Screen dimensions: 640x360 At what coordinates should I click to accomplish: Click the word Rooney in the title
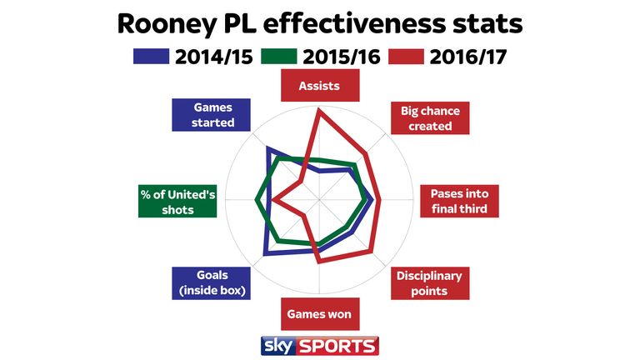pyautogui.click(x=167, y=24)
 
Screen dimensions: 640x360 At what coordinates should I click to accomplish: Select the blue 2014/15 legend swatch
pyautogui.click(x=151, y=57)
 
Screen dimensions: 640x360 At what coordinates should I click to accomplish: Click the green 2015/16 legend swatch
pyautogui.click(x=279, y=57)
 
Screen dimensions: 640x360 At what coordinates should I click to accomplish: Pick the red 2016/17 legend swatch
pyautogui.click(x=406, y=57)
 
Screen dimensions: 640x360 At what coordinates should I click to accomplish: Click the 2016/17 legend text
pyautogui.click(x=468, y=57)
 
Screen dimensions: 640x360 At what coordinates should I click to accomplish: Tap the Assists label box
pyautogui.click(x=320, y=85)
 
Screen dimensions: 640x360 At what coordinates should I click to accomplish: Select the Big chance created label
pyautogui.click(x=430, y=118)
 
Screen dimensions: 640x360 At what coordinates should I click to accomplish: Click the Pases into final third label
pyautogui.click(x=460, y=201)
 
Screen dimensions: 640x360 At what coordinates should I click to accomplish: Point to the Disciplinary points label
pyautogui.click(x=430, y=283)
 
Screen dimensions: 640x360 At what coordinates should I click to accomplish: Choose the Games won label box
pyautogui.click(x=320, y=314)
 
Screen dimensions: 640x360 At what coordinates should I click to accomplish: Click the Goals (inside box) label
pyautogui.click(x=211, y=283)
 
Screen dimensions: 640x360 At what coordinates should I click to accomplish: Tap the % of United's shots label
pyautogui.click(x=177, y=202)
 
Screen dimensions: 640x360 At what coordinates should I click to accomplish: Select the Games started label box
pyautogui.click(x=211, y=115)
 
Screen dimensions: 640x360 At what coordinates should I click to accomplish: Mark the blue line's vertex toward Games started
pyautogui.click(x=267, y=147)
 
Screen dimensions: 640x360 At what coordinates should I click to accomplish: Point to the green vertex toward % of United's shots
pyautogui.click(x=257, y=200)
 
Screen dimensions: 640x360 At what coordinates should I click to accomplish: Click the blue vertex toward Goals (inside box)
pyautogui.click(x=266, y=254)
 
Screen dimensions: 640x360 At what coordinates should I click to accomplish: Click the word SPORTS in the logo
pyautogui.click(x=337, y=347)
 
